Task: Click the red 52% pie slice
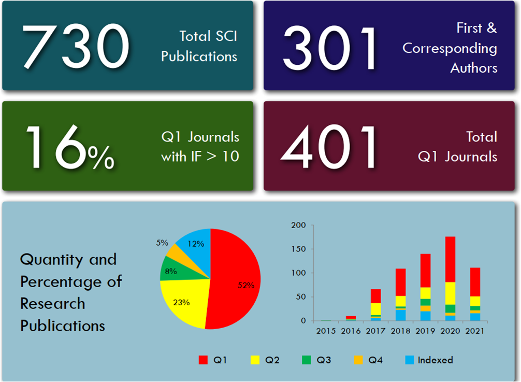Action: point(236,280)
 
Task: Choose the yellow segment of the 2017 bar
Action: point(376,309)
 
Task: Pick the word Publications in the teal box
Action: point(199,56)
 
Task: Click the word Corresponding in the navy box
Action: point(450,48)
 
